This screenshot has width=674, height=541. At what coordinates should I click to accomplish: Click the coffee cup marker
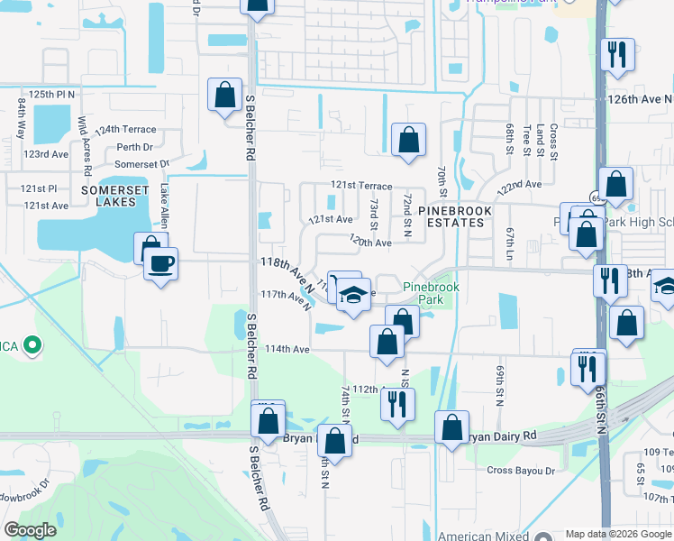pyautogui.click(x=161, y=265)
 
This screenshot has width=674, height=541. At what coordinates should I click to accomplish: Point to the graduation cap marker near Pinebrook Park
pyautogui.click(x=354, y=295)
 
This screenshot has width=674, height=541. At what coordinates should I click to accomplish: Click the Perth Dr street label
pyautogui.click(x=135, y=146)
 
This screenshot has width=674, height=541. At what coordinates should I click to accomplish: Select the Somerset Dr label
pyautogui.click(x=141, y=164)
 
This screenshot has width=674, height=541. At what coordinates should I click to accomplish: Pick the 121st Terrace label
pyautogui.click(x=360, y=185)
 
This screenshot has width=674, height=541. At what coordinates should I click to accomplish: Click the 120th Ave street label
pyautogui.click(x=370, y=243)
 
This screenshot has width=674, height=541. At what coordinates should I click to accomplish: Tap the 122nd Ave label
pyautogui.click(x=520, y=184)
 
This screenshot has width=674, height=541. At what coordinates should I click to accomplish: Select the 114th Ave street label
pyautogui.click(x=287, y=349)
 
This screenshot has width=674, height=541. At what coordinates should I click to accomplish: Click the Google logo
pyautogui.click(x=30, y=530)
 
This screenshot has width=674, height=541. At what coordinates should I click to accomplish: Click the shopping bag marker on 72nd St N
pyautogui.click(x=408, y=139)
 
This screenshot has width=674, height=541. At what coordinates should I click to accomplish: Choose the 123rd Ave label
pyautogui.click(x=46, y=154)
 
